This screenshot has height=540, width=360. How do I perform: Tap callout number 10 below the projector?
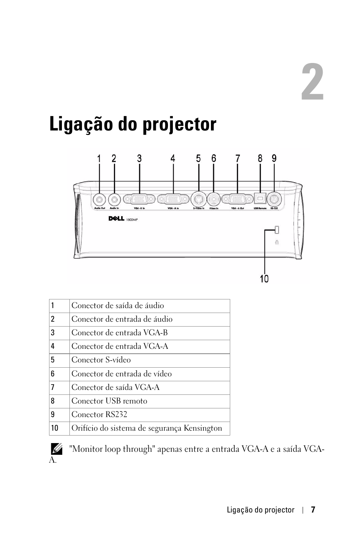[264, 279]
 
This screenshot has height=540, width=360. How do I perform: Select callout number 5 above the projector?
[198, 158]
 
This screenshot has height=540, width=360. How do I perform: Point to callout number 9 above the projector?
[274, 158]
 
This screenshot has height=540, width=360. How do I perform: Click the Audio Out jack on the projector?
[99, 199]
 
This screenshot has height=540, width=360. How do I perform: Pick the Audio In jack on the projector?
[114, 199]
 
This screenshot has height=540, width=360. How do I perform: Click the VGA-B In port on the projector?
[139, 199]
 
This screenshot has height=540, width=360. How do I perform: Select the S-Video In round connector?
[198, 198]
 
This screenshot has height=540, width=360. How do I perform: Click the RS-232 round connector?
[274, 198]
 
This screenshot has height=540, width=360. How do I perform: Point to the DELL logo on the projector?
[116, 219]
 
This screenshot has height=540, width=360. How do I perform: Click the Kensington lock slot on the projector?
[277, 230]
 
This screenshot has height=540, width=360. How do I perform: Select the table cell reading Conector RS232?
[100, 414]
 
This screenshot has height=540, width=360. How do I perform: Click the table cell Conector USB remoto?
[109, 401]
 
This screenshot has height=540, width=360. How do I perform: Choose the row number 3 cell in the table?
[53, 333]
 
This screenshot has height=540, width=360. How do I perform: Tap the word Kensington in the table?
[203, 428]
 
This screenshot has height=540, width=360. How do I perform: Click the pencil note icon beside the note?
[57, 449]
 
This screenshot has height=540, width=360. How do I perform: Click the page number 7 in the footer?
[313, 510]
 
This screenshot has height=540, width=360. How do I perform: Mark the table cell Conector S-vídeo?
[101, 360]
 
